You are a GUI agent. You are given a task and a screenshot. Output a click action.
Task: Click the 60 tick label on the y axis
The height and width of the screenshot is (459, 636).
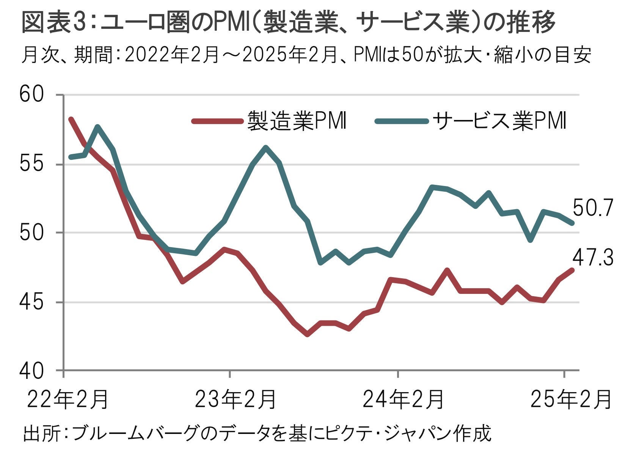(x=31, y=95)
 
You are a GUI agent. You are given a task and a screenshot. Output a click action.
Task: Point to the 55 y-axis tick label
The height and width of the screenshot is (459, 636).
(x=31, y=164)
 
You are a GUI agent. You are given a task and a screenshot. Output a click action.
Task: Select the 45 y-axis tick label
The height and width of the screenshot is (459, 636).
(x=31, y=302)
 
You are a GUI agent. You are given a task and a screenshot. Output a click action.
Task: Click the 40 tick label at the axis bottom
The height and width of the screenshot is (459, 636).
(x=31, y=371)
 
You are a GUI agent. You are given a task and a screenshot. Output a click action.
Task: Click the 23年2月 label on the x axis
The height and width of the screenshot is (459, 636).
(x=236, y=400)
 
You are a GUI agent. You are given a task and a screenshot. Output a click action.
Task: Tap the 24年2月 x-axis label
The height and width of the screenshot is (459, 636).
(x=403, y=400)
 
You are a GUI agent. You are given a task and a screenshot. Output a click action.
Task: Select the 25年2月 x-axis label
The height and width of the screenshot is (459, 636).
(x=571, y=400)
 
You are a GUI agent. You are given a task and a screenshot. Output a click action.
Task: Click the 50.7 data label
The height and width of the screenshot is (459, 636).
(x=593, y=208)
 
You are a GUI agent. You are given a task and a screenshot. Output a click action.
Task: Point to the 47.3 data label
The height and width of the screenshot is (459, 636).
(x=593, y=259)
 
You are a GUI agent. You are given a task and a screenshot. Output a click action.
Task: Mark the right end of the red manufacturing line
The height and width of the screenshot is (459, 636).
(x=572, y=270)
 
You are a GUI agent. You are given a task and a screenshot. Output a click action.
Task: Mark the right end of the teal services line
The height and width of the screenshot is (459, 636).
(x=572, y=223)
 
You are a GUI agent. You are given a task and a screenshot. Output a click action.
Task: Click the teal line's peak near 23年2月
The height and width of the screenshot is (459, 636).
(x=265, y=147)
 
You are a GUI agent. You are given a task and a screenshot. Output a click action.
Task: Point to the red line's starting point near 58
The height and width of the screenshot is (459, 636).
(x=71, y=119)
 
